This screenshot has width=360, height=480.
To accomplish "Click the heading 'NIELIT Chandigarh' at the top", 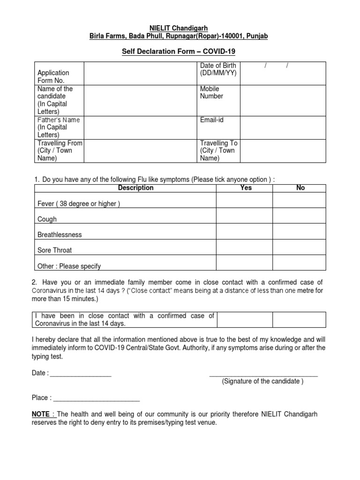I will pos(179,28).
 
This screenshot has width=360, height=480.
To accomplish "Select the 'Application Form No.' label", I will pos(53,76).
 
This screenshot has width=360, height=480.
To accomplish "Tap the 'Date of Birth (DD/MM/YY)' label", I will pos(218,69).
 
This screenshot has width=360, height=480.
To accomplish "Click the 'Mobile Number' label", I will pos(211,92).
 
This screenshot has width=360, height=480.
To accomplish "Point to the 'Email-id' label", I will pos(212,120).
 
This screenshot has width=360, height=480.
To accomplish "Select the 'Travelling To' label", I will pos(217,150).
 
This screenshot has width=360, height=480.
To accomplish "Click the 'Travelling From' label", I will pos(60,150).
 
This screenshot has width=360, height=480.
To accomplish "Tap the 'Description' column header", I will pos(135,187).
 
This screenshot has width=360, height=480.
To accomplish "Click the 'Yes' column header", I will pos(246,187).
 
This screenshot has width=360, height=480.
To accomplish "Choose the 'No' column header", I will pos(300,187).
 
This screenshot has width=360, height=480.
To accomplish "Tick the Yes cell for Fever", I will pos(244,200).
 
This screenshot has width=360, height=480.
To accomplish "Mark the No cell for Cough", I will pos(299,216).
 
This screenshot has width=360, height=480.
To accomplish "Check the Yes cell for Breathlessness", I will pos(244,232).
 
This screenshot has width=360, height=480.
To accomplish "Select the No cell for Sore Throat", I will pos(299,247).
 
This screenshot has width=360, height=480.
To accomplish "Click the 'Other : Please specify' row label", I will pos(69,266).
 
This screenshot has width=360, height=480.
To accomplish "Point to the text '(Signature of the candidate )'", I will pos(262,381).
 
